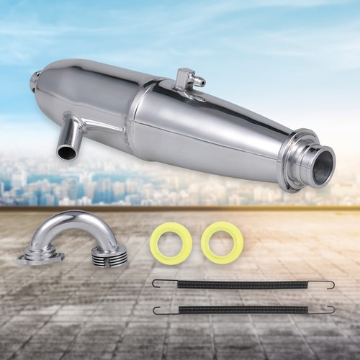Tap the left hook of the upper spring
pyautogui.click(x=156, y=282)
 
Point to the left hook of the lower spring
pyautogui.click(x=156, y=310)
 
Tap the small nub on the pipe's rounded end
pyautogui.click(x=33, y=80)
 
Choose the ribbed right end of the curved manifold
pyautogui.click(x=109, y=254)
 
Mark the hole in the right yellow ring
pyautogui.click(x=218, y=243)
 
